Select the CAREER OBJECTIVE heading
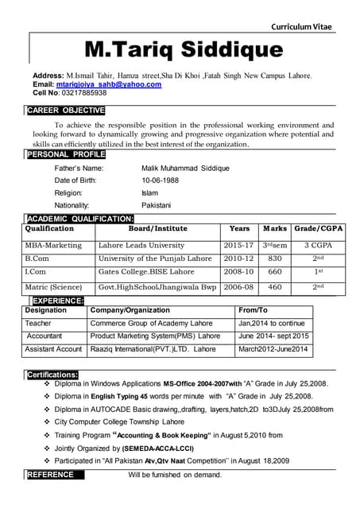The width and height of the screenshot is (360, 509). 65,111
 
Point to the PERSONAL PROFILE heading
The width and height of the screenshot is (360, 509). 65,154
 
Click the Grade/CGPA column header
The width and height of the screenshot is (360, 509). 318,228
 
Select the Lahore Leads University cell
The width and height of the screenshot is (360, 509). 141,245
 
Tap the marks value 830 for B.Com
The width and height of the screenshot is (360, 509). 275,258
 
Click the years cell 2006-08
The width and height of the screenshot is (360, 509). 238,286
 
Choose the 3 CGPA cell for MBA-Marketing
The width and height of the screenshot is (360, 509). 318,245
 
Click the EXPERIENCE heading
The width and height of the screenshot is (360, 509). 57,300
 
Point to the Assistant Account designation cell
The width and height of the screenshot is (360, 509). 53,349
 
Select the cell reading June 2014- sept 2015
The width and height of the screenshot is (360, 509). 273,336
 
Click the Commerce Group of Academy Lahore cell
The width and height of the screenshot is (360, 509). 151,324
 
